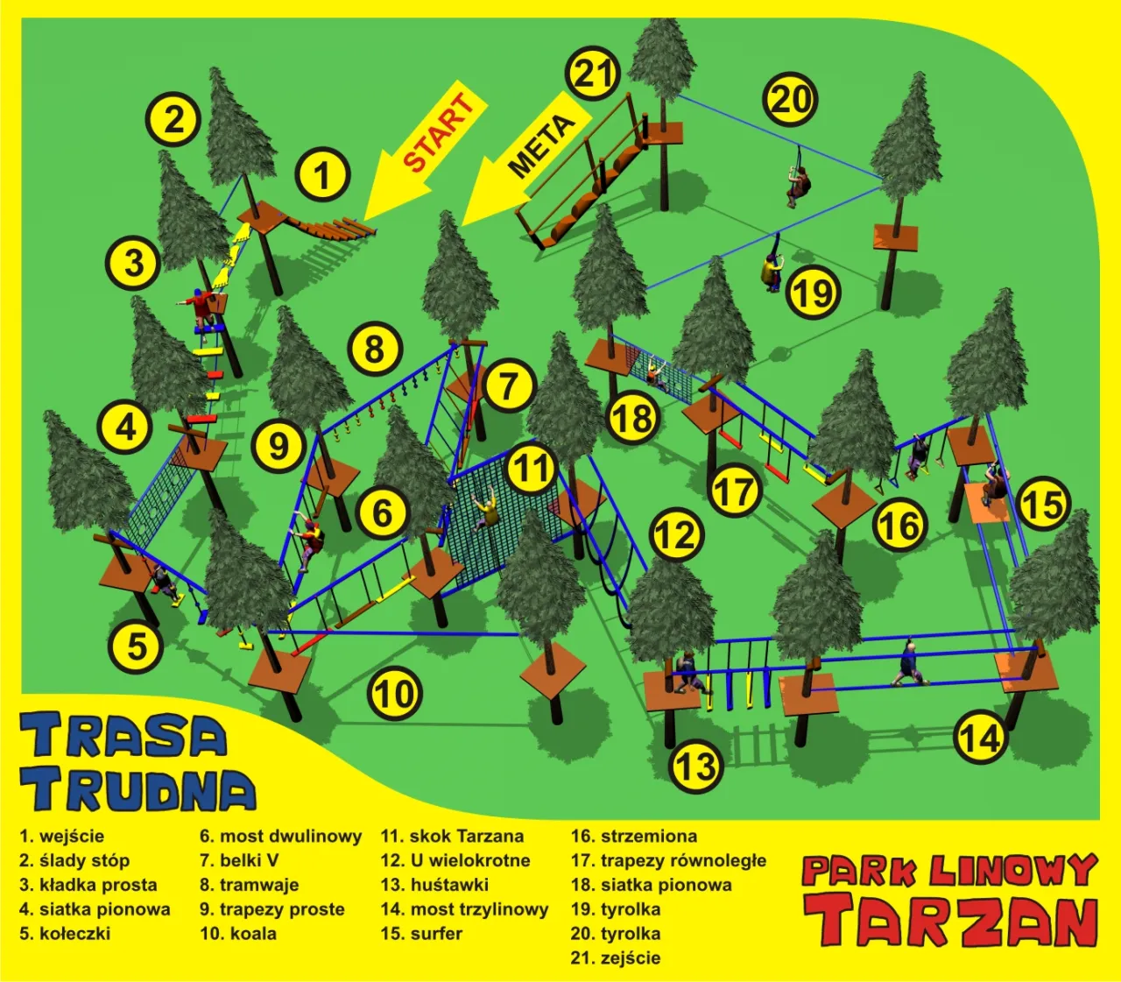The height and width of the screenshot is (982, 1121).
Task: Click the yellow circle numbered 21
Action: (594, 74)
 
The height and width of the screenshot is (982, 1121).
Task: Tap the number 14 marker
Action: (979, 737)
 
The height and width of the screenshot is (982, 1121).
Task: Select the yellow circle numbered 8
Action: (375, 350)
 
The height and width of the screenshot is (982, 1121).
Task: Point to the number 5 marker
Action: (137, 646)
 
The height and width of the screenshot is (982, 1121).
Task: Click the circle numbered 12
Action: (677, 534)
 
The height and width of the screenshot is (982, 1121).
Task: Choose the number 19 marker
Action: (813, 293)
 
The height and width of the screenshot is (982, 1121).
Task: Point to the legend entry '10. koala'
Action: (237, 934)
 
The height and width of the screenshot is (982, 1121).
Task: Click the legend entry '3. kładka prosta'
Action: (88, 885)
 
